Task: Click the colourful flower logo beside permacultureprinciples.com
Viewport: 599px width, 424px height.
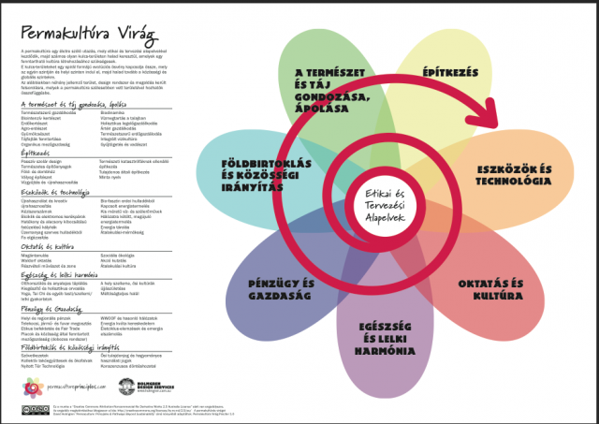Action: tap(32, 387)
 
